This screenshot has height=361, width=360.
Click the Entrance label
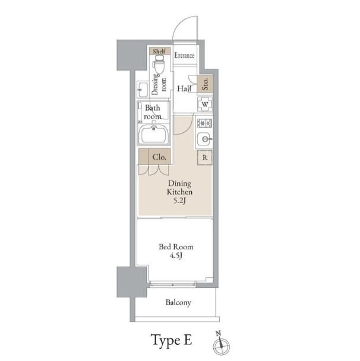(184, 55)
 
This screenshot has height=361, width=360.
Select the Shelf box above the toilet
(159, 51)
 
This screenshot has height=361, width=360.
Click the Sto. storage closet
(205, 84)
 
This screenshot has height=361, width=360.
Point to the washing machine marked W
(205, 104)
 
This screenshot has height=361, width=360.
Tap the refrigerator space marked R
(204, 158)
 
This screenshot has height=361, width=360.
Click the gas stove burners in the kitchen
(204, 123)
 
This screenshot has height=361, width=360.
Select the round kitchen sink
(204, 139)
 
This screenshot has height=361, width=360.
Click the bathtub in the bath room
(154, 135)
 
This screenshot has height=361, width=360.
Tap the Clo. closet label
(159, 157)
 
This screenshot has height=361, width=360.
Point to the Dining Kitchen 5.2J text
(179, 192)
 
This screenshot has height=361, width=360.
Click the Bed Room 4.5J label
(176, 251)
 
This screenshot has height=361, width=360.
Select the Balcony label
(178, 302)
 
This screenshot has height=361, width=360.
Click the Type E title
(171, 340)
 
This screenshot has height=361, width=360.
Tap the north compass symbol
(221, 343)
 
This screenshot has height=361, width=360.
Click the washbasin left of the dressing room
(143, 89)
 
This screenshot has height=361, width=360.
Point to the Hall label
(184, 88)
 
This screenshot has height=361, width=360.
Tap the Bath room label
(153, 112)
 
